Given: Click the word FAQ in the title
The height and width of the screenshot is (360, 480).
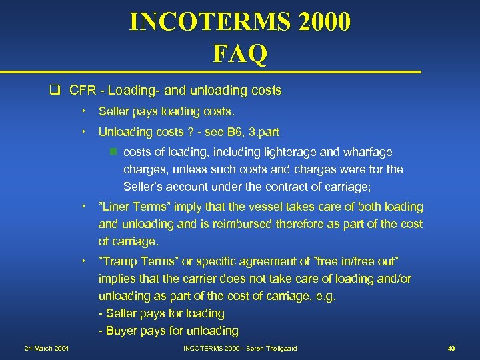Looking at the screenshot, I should (240, 53).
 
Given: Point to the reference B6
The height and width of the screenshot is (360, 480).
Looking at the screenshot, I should (229, 132).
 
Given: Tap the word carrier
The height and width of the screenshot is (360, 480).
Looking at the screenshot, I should (193, 279).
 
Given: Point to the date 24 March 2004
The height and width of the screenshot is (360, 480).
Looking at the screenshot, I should (47, 349).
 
